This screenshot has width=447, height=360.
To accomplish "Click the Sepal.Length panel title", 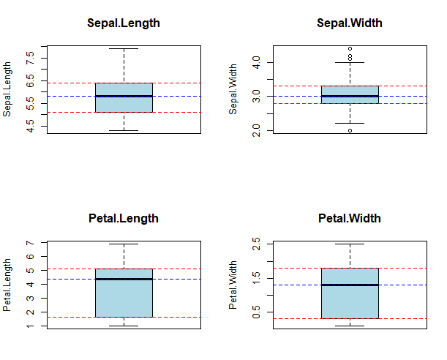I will pyautogui.click(x=124, y=23).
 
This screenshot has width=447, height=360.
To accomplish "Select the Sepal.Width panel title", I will pyautogui.click(x=350, y=23).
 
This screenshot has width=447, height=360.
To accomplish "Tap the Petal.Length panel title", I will pyautogui.click(x=124, y=218).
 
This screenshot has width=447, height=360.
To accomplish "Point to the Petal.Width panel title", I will pyautogui.click(x=350, y=218).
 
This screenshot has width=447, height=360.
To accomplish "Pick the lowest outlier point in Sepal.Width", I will pyautogui.click(x=350, y=130).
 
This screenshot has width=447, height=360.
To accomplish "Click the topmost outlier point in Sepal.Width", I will pyautogui.click(x=350, y=49).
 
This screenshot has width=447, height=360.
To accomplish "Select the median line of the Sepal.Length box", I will pyautogui.click(x=124, y=96).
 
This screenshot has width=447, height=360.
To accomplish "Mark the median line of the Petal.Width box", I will pyautogui.click(x=350, y=285).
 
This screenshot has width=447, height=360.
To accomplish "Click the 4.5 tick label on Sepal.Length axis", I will pyautogui.click(x=29, y=128).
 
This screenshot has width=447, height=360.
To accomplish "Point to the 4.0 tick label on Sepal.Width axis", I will pyautogui.click(x=255, y=63).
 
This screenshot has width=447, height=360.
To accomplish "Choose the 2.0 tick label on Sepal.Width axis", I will pyautogui.click(x=255, y=130).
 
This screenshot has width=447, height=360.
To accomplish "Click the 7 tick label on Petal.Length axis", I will pyautogui.click(x=29, y=243).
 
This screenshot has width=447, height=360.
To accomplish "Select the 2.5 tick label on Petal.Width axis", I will pyautogui.click(x=255, y=244).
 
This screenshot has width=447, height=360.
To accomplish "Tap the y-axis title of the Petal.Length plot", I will pyautogui.click(x=8, y=285).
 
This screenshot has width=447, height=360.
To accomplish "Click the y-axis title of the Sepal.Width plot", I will pyautogui.click(x=234, y=90).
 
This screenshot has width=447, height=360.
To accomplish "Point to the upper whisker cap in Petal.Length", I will pyautogui.click(x=124, y=244).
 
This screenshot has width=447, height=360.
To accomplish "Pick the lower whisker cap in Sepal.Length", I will pyautogui.click(x=124, y=130).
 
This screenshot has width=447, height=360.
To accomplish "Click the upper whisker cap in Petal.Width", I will pyautogui.click(x=350, y=244).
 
